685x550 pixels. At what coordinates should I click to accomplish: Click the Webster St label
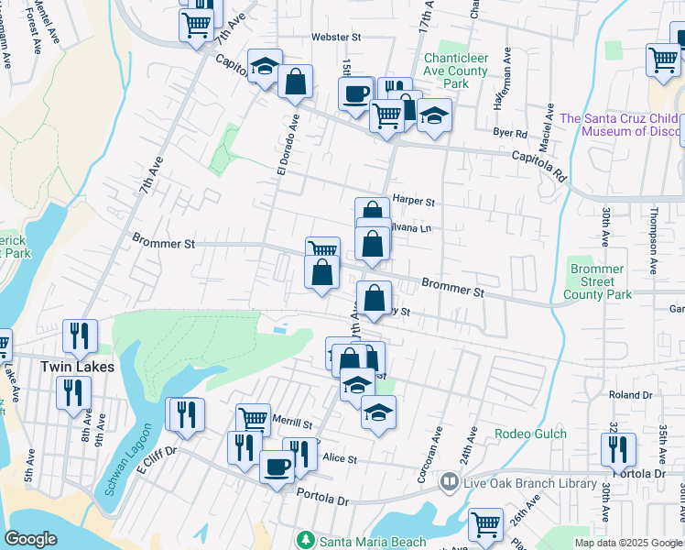pos(338,37)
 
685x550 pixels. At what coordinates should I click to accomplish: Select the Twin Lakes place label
pos(78,367)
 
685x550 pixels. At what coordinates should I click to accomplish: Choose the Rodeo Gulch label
pos(530,434)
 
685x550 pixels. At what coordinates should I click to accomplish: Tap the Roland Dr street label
pos(630,395)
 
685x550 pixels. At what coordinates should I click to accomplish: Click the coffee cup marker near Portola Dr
pos(277,466)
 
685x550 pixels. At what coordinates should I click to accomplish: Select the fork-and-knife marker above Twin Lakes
pos(80,335)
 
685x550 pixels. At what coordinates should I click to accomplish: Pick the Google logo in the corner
pos(30,539)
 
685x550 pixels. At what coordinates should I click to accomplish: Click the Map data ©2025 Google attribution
pos(628,543)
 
